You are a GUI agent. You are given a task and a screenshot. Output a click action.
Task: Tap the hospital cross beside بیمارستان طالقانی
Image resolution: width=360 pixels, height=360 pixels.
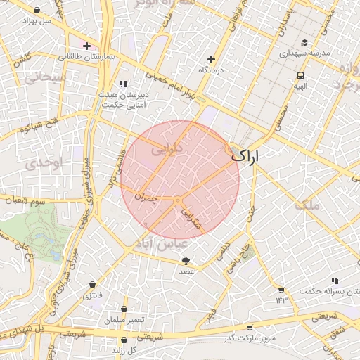pyautogui.click(x=86, y=46)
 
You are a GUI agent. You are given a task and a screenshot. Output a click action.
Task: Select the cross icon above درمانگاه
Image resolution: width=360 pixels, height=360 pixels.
pyautogui.click(x=210, y=59)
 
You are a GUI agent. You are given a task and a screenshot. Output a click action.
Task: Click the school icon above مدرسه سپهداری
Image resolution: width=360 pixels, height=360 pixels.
pyautogui.click(x=304, y=42)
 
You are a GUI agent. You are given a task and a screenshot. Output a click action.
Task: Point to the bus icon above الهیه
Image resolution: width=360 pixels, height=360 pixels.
pyautogui.click(x=301, y=75)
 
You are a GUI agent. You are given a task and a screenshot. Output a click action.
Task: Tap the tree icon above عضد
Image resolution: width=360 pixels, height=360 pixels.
pyautogui.click(x=186, y=261)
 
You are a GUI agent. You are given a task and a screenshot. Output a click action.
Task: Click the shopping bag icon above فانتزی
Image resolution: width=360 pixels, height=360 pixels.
pyautogui.click(x=92, y=284)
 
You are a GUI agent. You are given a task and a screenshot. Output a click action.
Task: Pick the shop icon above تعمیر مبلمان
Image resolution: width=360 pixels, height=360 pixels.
pyautogui.click(x=124, y=309)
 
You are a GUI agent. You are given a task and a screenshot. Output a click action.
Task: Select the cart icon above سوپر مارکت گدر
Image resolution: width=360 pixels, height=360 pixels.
pyautogui.click(x=250, y=328)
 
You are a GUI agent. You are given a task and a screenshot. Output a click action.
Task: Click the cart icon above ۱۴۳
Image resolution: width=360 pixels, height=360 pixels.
pyautogui.click(x=281, y=290)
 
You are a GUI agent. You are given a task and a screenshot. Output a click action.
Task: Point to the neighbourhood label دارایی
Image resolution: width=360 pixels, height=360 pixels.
pyautogui.click(x=169, y=150)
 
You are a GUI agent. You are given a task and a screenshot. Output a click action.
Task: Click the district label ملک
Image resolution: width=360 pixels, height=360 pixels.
pyautogui.click(x=308, y=205)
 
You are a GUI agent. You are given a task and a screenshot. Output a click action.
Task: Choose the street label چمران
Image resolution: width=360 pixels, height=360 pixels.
pyautogui.click(x=161, y=199)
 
